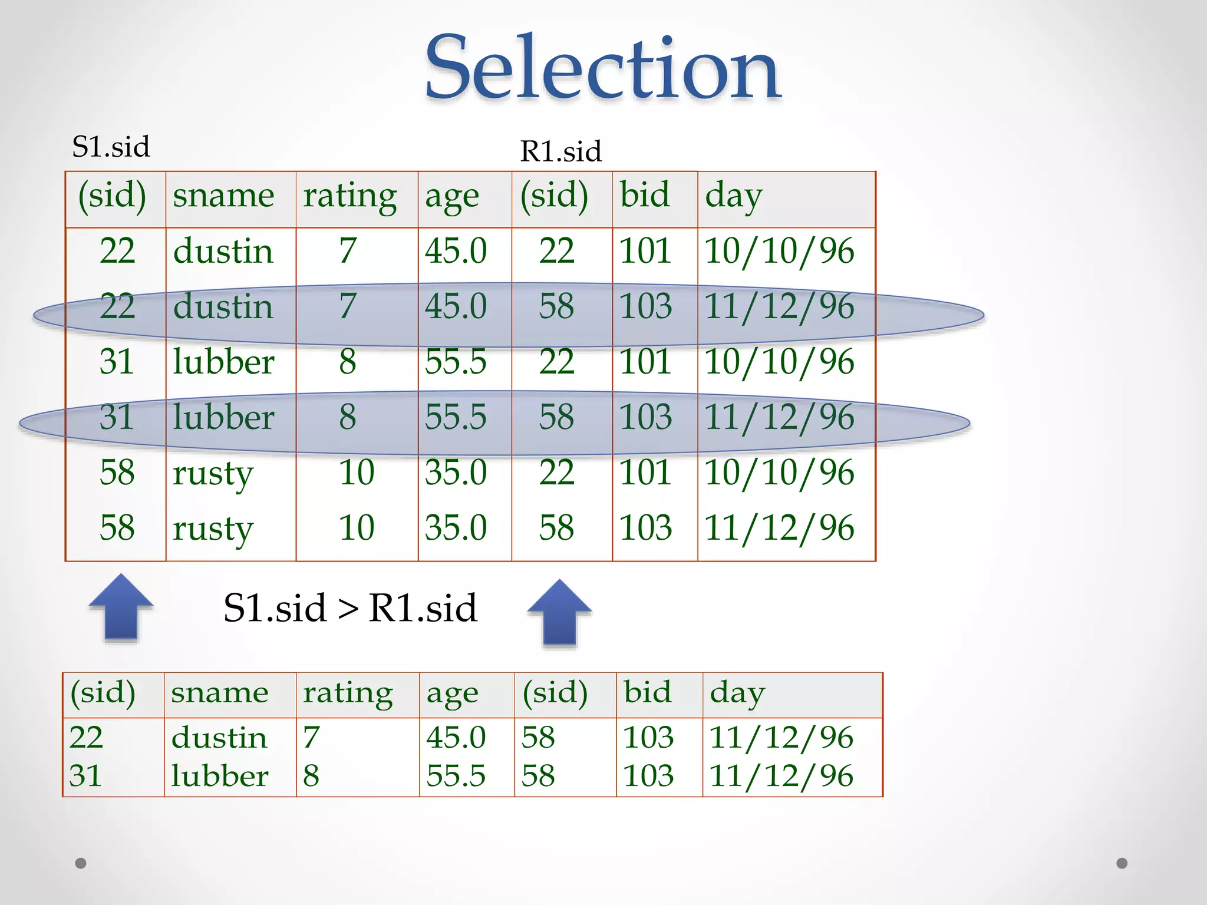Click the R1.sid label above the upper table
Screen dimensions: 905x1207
(560, 151)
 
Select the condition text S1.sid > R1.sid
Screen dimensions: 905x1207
(350, 607)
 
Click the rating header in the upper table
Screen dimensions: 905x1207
(350, 196)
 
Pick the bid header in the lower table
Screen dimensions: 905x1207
(647, 692)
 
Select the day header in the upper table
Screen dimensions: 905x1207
(734, 196)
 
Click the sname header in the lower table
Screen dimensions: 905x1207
(219, 692)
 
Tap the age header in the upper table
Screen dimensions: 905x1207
(452, 197)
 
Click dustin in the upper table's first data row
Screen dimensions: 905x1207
(223, 251)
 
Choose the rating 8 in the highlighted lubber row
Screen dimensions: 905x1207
(347, 417)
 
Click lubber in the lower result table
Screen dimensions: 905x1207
(219, 775)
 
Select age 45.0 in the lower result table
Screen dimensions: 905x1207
(456, 737)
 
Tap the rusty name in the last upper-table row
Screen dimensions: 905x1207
(213, 529)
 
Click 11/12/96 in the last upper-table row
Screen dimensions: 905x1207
(779, 527)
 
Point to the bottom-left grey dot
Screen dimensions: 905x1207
(81, 863)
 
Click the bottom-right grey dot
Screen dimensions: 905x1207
(1122, 863)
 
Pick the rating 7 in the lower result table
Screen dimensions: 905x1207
(311, 737)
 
